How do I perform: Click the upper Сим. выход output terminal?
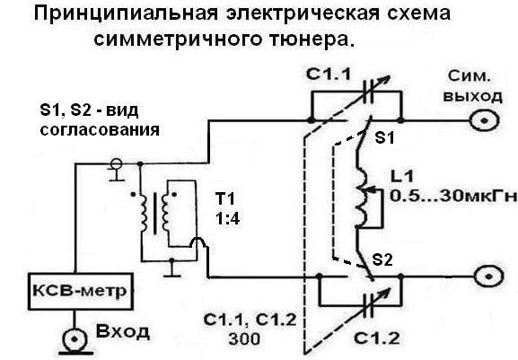tap(484, 120)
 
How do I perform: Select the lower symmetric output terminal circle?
tap(489, 277)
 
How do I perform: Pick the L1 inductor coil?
tap(362, 198)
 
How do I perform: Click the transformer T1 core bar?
tap(154, 214)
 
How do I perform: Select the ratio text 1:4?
tap(227, 219)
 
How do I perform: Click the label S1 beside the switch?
tap(384, 137)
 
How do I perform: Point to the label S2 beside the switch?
tap(382, 260)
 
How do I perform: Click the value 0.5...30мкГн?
tap(453, 197)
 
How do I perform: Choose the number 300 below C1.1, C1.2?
tap(244, 338)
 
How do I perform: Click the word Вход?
tap(123, 331)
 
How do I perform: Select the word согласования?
tap(100, 130)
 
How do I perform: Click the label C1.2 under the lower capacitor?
tap(377, 338)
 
